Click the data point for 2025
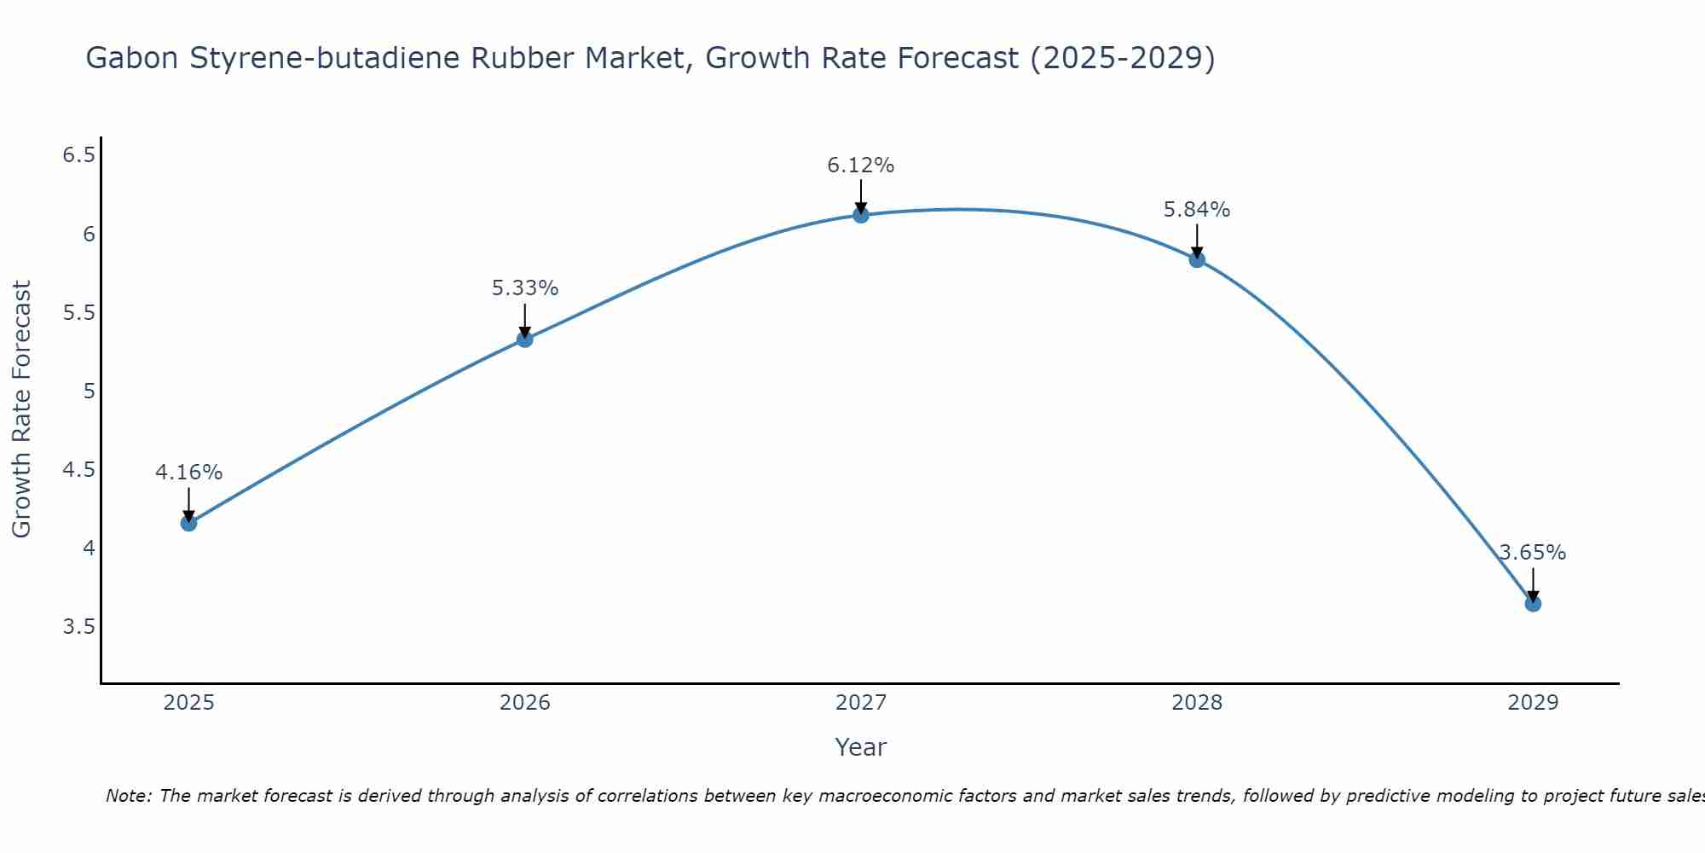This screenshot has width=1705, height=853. [x=188, y=523]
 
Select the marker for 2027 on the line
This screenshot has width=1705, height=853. [x=861, y=215]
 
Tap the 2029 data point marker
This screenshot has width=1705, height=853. [x=1533, y=604]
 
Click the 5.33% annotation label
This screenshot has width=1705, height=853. [x=524, y=288]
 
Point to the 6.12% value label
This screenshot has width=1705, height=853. [x=860, y=165]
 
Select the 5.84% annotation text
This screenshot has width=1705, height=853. [x=1196, y=210]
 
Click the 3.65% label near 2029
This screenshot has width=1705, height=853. [x=1532, y=553]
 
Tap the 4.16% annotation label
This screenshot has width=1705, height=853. [x=188, y=473]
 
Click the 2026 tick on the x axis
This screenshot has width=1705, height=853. [x=524, y=703]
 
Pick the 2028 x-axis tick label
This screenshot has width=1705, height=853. [x=1196, y=703]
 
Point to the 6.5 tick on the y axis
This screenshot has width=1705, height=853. [x=78, y=155]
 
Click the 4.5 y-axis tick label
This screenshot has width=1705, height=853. [x=78, y=470]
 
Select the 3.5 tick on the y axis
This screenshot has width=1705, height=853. [x=78, y=627]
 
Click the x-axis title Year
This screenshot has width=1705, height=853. [x=860, y=747]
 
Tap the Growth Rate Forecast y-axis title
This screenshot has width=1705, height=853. [x=21, y=409]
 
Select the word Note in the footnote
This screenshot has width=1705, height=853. [x=127, y=796]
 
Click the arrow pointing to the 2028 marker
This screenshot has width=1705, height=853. [x=1197, y=241]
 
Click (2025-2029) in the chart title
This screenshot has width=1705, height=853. [x=1122, y=58]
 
